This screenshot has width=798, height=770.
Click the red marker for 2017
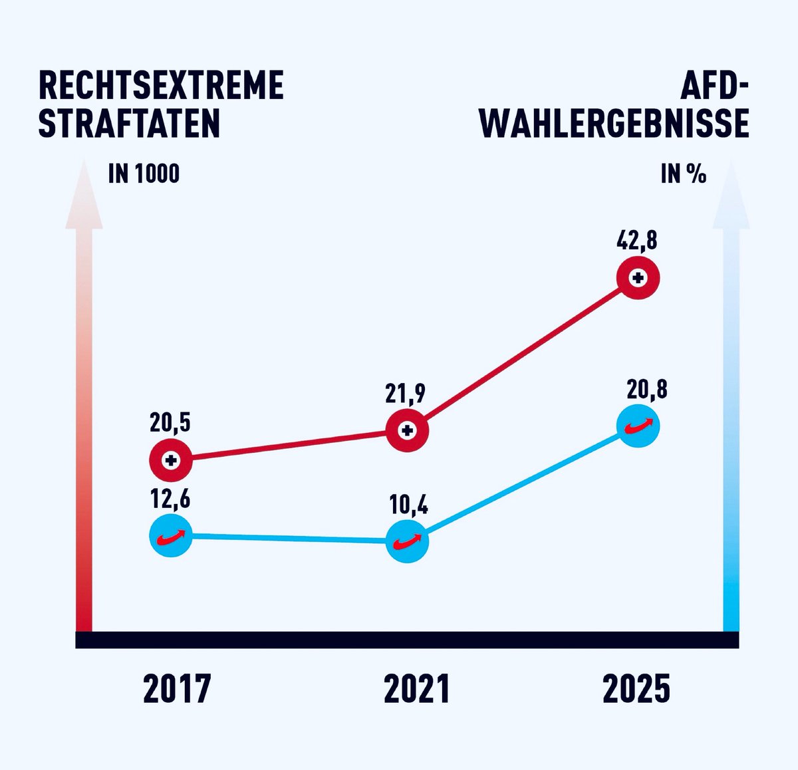[x=171, y=459]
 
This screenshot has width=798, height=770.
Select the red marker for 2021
[x=408, y=431]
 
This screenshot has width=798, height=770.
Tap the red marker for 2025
[x=638, y=278]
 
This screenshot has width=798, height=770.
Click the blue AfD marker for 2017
[x=171, y=535]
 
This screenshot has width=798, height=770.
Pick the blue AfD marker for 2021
[x=408, y=541]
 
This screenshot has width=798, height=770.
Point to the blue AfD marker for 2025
[x=638, y=426]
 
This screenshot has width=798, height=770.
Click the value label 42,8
[x=636, y=239]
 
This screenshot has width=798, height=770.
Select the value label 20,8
[x=646, y=389]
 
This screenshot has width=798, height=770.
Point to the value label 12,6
[x=170, y=499]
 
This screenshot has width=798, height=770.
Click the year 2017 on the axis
[x=177, y=689]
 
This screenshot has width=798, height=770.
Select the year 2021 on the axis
[x=417, y=689]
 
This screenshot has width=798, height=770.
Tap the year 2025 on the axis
[x=636, y=689]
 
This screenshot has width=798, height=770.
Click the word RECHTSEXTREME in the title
[x=162, y=86]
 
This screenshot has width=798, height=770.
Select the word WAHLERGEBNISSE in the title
[x=614, y=124]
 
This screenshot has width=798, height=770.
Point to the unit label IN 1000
[x=144, y=174]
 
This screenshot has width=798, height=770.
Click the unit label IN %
[x=683, y=174]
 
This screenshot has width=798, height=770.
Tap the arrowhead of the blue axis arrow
[x=731, y=199]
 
